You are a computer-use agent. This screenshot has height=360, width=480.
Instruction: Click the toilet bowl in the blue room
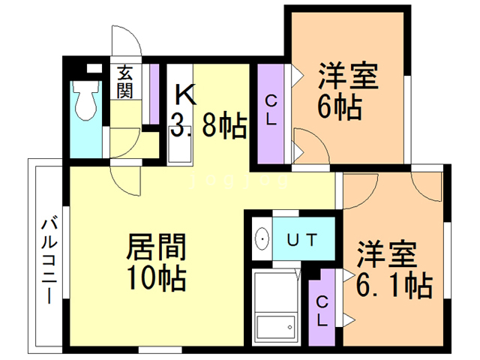tap(86, 101)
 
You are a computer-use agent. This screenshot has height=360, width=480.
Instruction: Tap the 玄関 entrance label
tap(125, 82)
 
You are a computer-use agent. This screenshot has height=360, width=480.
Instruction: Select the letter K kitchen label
tap(185, 94)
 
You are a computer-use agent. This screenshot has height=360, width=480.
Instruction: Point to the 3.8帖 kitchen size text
tap(208, 124)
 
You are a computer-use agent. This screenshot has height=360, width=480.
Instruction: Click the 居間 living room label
tap(157, 247)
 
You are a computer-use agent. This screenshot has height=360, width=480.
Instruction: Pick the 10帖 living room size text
tap(157, 277)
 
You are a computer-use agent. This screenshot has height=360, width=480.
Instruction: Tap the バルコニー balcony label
tap(49, 261)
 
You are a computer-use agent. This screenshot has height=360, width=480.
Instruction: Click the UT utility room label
tap(302, 240)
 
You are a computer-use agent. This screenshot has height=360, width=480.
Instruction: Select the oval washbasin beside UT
tap(262, 238)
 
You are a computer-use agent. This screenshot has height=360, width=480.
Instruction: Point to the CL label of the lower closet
tap(322, 311)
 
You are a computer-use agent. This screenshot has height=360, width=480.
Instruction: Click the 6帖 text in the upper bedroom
tap(340, 106)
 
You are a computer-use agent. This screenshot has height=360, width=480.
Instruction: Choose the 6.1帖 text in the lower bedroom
tap(394, 286)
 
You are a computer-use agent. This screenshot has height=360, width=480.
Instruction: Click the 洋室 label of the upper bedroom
tap(349, 76)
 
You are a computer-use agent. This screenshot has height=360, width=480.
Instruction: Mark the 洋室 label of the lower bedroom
tap(387, 255)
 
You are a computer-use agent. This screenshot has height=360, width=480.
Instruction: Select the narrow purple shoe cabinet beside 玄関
tap(154, 94)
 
